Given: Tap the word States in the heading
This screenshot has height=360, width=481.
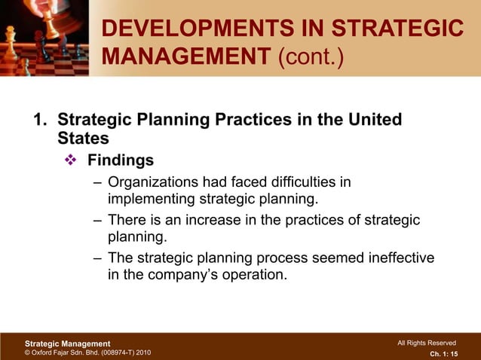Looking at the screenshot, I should [x=83, y=139].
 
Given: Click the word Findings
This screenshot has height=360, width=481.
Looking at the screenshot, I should [x=121, y=160].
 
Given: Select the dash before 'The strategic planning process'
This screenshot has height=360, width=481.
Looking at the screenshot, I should [x=98, y=258].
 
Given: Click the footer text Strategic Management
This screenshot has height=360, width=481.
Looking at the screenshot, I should [x=63, y=343].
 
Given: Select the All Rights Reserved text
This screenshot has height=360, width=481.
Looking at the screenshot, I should [x=426, y=343].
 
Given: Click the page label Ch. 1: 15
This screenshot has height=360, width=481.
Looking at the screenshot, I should [x=443, y=352].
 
